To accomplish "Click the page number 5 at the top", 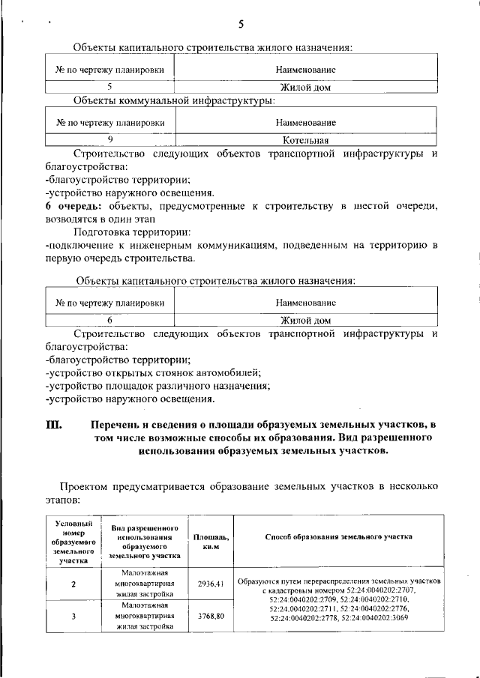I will [241, 24].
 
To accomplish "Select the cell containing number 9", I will [110, 139].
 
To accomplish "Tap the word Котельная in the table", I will [305, 139].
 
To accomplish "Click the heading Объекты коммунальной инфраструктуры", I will [174, 100].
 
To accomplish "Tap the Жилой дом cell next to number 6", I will [305, 319].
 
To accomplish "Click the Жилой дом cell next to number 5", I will [305, 87].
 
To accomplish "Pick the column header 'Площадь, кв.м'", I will [211, 543].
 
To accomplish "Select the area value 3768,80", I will [211, 616].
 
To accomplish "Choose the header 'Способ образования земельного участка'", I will [339, 537].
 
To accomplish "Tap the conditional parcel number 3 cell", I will [73, 617].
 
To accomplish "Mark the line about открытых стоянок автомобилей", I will [153, 373].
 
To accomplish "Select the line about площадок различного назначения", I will [157, 386].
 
